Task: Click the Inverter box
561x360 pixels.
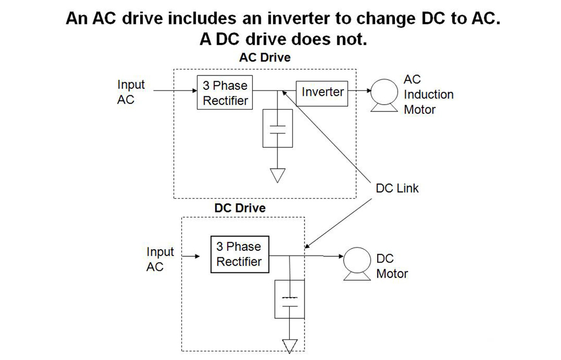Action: tap(322, 93)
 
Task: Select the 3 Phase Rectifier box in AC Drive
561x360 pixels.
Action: tap(225, 93)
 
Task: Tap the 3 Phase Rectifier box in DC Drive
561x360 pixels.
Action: tap(239, 254)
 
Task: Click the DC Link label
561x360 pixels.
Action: tap(397, 188)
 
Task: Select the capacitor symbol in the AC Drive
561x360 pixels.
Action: tap(278, 128)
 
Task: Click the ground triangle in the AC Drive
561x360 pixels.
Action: tap(277, 175)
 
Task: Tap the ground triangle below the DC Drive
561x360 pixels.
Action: tap(290, 346)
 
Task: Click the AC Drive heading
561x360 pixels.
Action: tap(265, 57)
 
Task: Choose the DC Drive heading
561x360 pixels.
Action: tap(240, 208)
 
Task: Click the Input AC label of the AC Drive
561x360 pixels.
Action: tap(131, 92)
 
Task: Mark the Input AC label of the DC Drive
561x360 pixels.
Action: tap(160, 259)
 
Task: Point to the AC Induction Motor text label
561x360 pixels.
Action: tap(428, 94)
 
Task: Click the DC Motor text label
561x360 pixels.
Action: tap(392, 266)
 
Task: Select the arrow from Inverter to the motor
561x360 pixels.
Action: tap(359, 91)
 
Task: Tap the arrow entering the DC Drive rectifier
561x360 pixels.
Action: tap(191, 256)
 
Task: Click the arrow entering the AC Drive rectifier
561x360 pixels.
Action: tap(174, 91)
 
